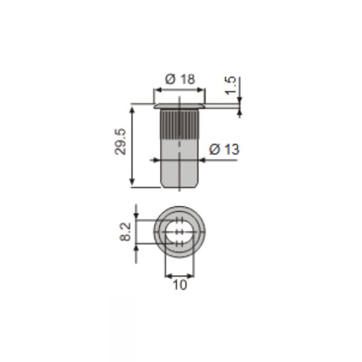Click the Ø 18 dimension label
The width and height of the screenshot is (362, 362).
coord(180,79)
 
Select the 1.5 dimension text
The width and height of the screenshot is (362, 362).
coord(230,85)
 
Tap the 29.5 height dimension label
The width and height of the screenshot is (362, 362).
coord(121,141)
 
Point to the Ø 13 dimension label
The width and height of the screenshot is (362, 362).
coord(224,149)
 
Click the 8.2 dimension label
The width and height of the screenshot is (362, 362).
coord(125,232)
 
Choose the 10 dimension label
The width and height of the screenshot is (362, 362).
coord(180,285)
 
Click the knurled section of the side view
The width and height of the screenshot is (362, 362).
coord(179,124)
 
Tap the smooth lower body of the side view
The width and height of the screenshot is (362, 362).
coord(179,164)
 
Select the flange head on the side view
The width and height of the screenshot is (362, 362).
coord(179,106)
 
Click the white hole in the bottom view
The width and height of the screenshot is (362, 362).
coord(179,232)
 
